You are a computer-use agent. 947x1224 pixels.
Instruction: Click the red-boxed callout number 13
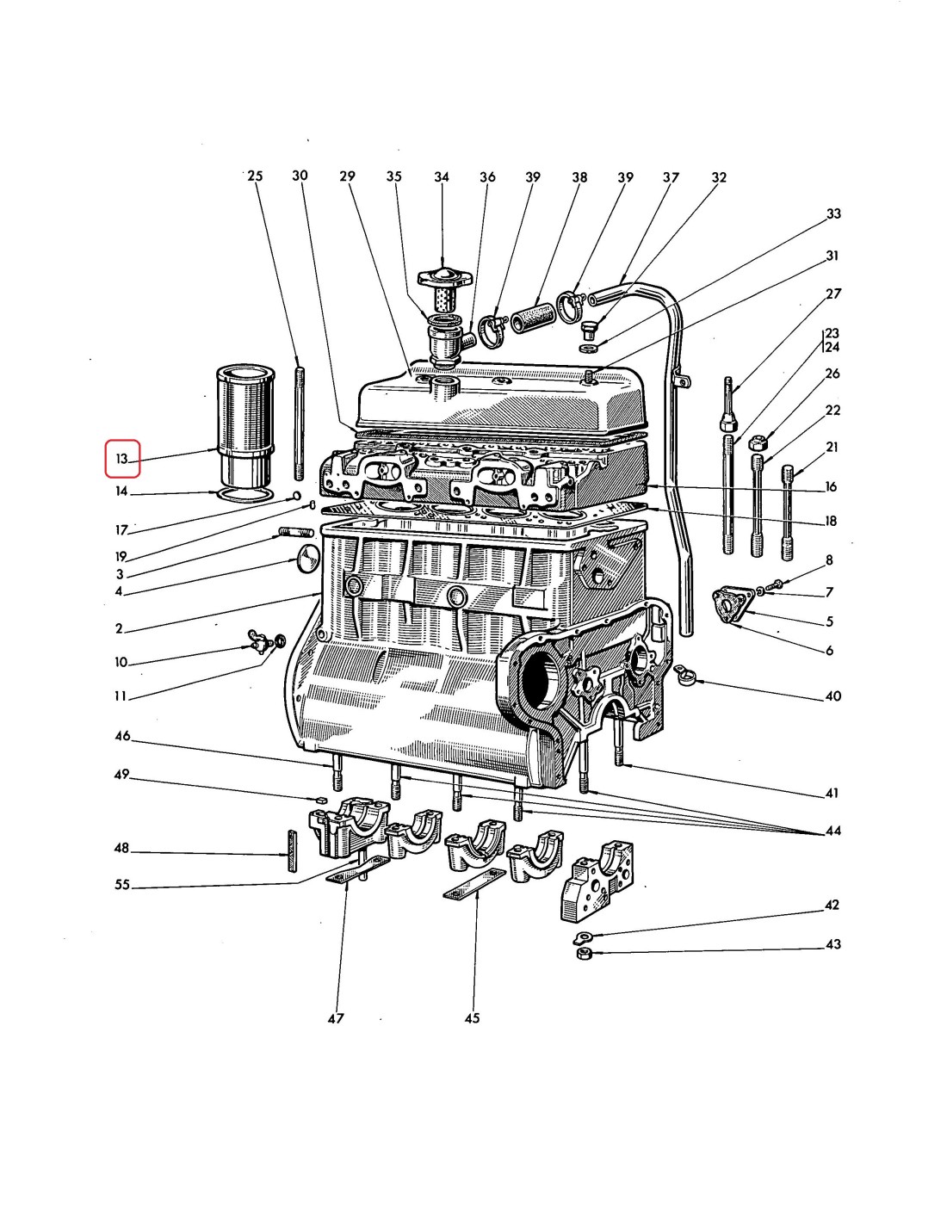(121, 459)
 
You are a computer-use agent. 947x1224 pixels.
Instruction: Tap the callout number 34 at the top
(442, 177)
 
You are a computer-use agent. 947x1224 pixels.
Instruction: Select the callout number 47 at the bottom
(336, 1018)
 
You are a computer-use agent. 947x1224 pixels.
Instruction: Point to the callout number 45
(472, 1018)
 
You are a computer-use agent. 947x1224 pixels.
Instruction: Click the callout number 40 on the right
(833, 695)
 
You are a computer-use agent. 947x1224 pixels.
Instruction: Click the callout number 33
(833, 213)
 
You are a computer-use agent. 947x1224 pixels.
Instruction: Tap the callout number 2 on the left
(119, 628)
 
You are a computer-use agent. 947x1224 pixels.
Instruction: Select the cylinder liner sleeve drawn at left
(247, 426)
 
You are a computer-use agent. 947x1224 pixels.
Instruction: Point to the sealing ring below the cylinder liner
(248, 495)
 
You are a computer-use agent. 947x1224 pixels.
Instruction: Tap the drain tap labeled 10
(257, 641)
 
